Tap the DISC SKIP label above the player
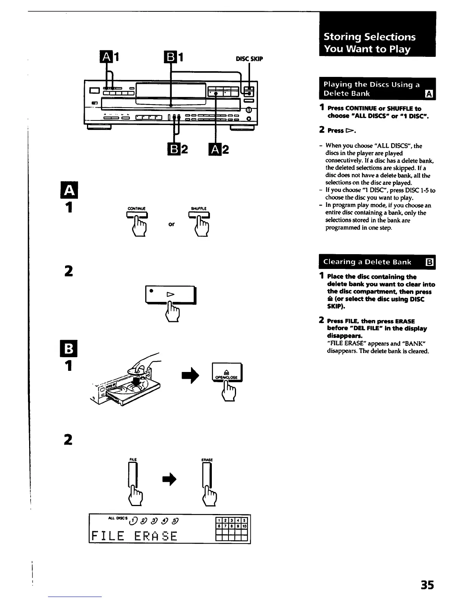249,59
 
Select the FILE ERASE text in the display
134,536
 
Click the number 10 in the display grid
244,527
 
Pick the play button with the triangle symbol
170,294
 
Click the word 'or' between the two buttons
171,224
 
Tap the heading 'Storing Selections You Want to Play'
370,43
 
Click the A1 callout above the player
110,58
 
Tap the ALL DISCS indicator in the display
118,519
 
